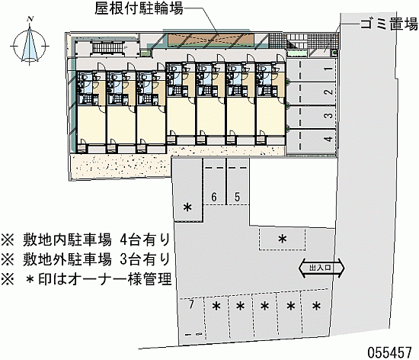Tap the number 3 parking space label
tap(329, 115)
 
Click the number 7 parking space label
tap(190, 304)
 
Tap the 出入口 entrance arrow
tap(321, 268)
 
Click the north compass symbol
tap(30, 42)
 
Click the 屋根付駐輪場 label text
tap(139, 8)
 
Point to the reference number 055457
tap(390, 352)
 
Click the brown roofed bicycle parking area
tap(210, 40)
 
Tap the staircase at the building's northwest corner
tap(107, 47)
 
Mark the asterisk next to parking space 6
tap(187, 207)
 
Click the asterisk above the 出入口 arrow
tap(283, 239)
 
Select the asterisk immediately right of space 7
tap(216, 306)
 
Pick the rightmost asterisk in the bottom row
tap(316, 306)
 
